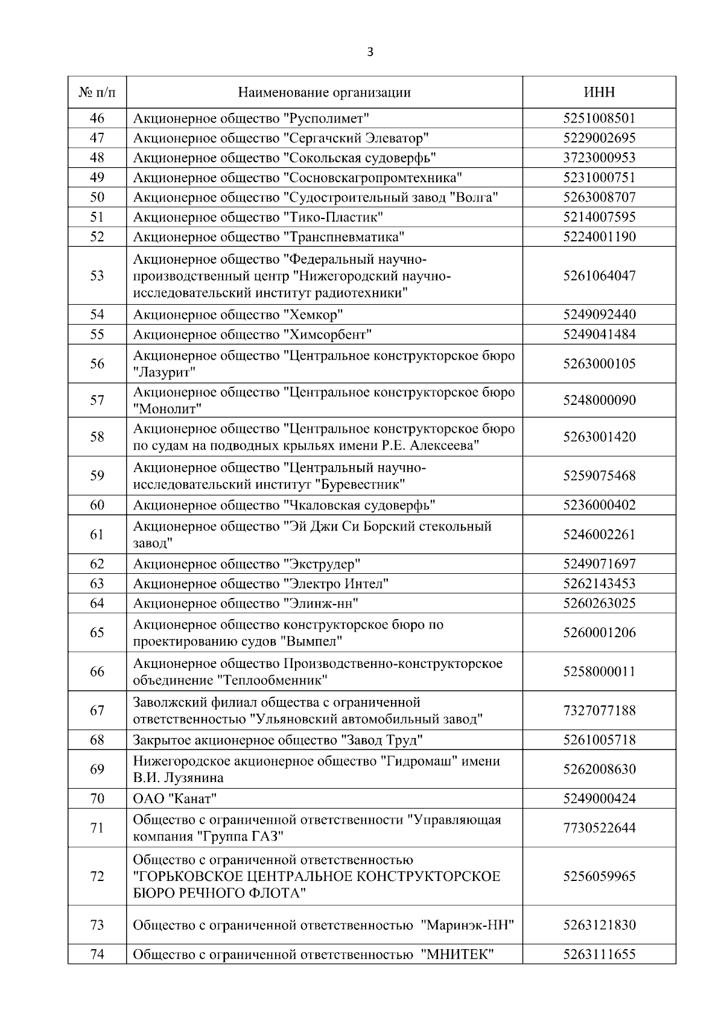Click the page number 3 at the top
[370, 52]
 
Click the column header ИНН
[599, 92]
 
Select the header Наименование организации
[325, 92]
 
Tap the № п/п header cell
[97, 92]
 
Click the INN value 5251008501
[599, 118]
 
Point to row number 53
[97, 276]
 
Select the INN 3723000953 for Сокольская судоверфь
[599, 158]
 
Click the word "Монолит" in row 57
[167, 409]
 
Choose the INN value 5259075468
[599, 475]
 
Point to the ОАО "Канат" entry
[174, 799]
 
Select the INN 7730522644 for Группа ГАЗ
[599, 828]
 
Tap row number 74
[97, 955]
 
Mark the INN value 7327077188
[599, 710]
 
